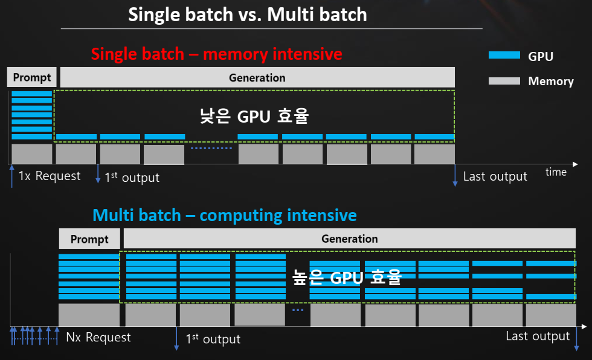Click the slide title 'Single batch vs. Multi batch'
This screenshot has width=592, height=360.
pos(247,14)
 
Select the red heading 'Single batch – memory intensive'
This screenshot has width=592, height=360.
pos(216,54)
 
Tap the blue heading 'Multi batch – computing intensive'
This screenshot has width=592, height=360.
pos(224,215)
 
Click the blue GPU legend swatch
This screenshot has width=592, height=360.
pos(504,56)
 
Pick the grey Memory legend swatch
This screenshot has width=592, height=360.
pos(504,80)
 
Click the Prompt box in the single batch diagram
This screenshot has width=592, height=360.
pos(33,77)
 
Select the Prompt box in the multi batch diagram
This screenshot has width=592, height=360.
pos(89,239)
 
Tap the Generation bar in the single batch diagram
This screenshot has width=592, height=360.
pos(257,77)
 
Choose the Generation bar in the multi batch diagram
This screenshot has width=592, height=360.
pos(349,239)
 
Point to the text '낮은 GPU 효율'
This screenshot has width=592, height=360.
pos(254,115)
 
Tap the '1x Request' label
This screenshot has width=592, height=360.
pos(49,176)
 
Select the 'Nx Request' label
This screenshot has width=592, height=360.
pos(98,337)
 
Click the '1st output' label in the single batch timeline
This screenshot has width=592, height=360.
pos(132,177)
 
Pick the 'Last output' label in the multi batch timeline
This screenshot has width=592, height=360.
pos(538,336)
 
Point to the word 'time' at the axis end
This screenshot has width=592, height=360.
pos(556,172)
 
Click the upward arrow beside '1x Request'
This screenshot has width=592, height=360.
pos(11,175)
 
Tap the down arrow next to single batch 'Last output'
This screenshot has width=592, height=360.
pos(455,176)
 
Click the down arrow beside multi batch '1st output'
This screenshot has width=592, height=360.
pos(176,338)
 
